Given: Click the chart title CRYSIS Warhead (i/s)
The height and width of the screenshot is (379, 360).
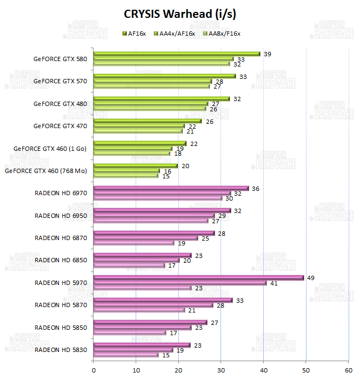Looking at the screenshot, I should coord(179,13).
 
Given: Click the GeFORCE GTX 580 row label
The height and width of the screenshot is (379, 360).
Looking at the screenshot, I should coord(59,58).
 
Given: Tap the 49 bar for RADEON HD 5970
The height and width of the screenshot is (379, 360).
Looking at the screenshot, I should coord(198,278).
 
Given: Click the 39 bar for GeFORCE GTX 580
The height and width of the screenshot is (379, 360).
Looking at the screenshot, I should coord(177,54).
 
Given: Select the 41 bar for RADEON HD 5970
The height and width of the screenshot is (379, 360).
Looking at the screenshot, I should coord(180,283).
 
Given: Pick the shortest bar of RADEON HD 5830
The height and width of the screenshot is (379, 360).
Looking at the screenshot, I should coord(126,355).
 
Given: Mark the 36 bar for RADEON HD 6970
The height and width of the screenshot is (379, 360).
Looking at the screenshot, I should coord(171,188).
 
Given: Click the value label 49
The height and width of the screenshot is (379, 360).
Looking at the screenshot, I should coord(311,278).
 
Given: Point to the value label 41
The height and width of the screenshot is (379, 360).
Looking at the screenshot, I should coord(275,283).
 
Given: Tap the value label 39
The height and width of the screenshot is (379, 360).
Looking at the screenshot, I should coord(267,54).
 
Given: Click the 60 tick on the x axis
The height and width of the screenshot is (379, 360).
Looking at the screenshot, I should coord(348,370).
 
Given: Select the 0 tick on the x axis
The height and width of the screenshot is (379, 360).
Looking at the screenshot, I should coord(94,370).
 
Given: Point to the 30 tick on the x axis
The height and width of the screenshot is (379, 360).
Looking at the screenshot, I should coord(221,370).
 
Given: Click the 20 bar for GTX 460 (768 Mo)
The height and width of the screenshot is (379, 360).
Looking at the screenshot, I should coord(136,166).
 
